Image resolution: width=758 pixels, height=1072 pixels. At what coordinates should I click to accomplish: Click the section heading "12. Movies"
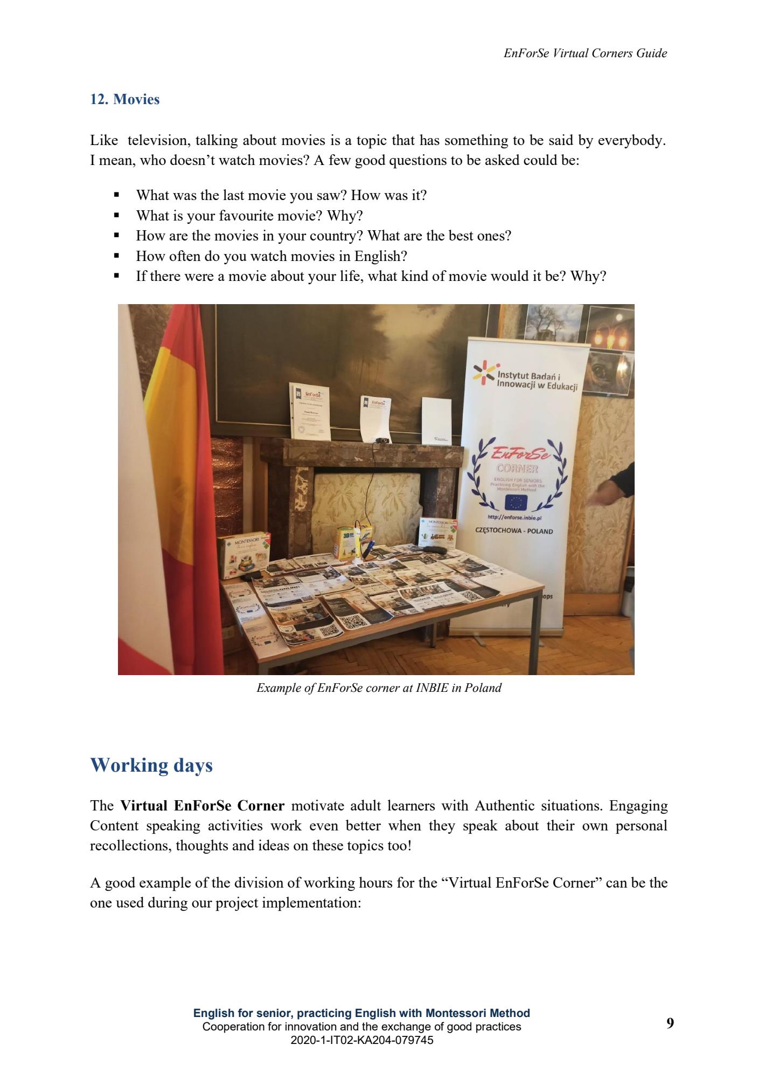click(x=124, y=100)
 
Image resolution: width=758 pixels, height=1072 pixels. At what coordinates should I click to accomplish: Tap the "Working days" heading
click(x=151, y=765)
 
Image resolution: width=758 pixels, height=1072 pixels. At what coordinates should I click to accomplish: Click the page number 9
click(x=670, y=1023)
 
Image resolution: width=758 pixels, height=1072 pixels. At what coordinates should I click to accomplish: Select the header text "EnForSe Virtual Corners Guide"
click(x=585, y=53)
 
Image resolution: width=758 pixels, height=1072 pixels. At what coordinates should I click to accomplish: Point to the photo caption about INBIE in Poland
click(x=379, y=688)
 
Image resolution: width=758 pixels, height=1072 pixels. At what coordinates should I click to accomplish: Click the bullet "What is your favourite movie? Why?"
click(x=249, y=216)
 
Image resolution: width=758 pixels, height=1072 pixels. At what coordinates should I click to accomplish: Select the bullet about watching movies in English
click(x=271, y=256)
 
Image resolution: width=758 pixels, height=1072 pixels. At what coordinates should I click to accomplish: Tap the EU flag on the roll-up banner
click(x=516, y=503)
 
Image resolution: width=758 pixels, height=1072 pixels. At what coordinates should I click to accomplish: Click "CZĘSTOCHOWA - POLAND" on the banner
click(x=513, y=531)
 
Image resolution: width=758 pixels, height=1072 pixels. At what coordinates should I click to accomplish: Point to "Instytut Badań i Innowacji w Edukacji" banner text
click(x=536, y=381)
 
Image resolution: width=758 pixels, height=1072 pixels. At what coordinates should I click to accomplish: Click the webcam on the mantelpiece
click(x=381, y=440)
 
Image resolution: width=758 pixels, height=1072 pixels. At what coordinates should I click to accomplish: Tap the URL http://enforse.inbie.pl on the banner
click(x=513, y=517)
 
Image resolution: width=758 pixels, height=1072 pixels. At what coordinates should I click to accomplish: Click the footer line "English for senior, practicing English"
click(x=361, y=1013)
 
